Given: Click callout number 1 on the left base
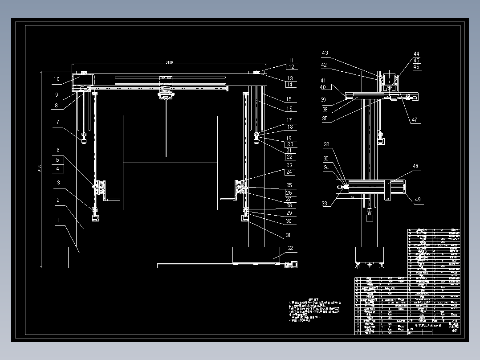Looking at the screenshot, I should coord(57,220).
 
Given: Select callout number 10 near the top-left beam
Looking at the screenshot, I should coord(56,80).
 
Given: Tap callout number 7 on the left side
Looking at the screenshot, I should coord(57,122).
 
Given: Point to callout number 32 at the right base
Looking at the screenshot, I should coord(290,248).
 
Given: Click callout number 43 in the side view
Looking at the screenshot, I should coord(325,53).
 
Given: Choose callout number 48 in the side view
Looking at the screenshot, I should coord(415,167).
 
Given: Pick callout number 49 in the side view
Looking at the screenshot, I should coord(418,200).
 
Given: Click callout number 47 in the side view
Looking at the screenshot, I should coord(415,119).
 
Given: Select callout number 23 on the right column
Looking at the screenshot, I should coord(289,166).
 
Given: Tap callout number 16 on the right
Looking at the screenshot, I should coord(289,109).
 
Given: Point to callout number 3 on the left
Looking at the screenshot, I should coord(58,183).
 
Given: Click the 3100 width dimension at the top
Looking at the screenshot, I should coord(169,62).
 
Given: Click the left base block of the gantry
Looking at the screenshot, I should coord(84,257).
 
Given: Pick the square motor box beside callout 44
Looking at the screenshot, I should coord(390,79).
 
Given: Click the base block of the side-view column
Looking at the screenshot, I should coord(369,254).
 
